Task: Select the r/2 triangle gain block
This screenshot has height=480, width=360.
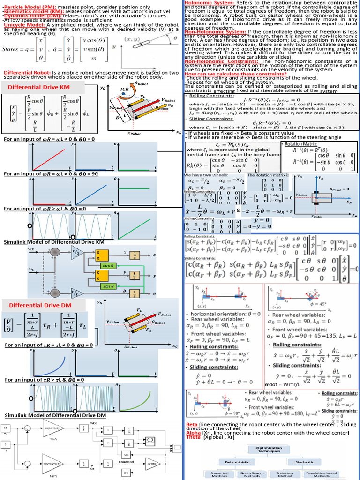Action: click(x=75, y=252)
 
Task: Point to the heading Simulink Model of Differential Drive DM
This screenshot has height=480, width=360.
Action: click(x=55, y=415)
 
